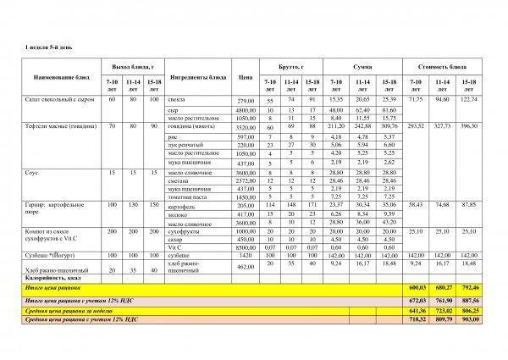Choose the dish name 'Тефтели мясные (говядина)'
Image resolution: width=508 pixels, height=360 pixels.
pos(63,125)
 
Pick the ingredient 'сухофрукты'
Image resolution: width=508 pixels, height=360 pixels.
pos(185,230)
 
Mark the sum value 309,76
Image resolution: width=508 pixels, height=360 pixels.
pos(389,125)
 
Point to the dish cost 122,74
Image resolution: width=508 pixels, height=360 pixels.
pos(469,100)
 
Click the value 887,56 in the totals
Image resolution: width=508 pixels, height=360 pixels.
pos(469,299)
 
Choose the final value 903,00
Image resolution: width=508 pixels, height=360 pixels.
pos(469,320)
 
